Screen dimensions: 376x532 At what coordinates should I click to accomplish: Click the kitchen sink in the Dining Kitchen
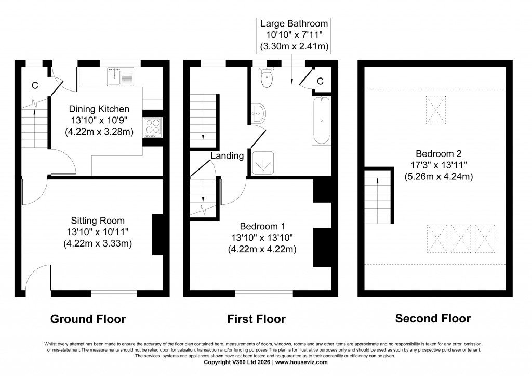(121, 77)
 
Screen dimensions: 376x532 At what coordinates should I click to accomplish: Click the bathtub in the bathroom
(321, 120)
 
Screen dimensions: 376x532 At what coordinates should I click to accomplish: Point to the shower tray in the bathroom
(263, 162)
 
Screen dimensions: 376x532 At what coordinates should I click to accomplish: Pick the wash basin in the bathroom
(257, 114)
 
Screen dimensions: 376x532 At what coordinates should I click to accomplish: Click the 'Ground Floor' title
(88, 319)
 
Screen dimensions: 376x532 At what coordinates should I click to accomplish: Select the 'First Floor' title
(256, 319)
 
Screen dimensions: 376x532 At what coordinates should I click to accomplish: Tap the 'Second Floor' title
(433, 318)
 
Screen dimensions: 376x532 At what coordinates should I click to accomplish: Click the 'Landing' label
(227, 155)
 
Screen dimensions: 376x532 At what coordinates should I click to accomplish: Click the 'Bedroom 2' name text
(438, 153)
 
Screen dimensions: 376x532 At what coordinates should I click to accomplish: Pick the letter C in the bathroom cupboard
(320, 81)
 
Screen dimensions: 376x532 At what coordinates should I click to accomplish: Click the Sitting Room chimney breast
(157, 234)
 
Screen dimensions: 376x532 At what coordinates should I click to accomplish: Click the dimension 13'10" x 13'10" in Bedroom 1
(262, 237)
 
